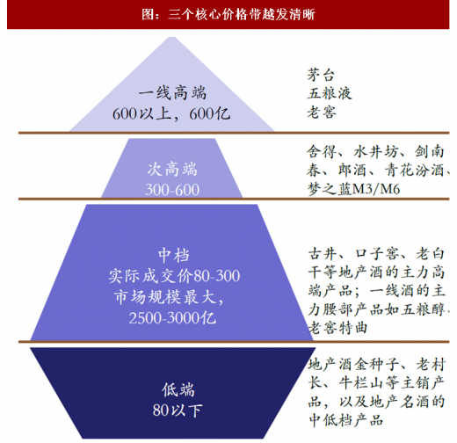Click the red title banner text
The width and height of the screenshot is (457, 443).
[x=228, y=14]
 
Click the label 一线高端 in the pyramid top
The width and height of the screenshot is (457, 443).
[x=172, y=93]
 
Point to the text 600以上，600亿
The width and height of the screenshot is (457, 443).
[x=171, y=113]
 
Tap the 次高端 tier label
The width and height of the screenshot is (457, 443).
[x=172, y=170]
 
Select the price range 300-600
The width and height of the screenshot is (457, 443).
[x=172, y=190]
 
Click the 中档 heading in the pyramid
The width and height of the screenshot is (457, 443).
[x=174, y=255]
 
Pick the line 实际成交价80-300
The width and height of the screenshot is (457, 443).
[x=174, y=276]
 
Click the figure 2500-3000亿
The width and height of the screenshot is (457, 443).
[x=172, y=318]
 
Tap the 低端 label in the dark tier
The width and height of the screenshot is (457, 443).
[x=178, y=389]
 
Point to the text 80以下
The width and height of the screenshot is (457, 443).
[x=178, y=410]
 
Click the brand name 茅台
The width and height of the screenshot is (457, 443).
[x=321, y=75]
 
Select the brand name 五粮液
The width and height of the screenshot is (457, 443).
[x=330, y=93]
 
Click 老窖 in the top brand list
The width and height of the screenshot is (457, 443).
[x=322, y=113]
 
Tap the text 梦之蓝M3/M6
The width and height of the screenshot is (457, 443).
[x=353, y=189]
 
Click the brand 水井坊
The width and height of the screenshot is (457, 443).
[x=376, y=152]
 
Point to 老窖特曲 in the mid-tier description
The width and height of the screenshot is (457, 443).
[x=337, y=328]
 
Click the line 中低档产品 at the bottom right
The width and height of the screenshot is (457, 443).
[x=346, y=420]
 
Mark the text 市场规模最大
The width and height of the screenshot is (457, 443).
[x=165, y=297]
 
